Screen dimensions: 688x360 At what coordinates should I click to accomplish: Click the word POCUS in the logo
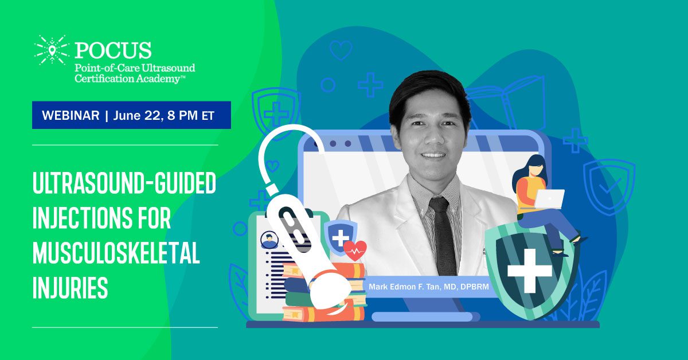pyautogui.click(x=113, y=50)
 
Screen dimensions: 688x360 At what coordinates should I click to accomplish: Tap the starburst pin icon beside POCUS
pyautogui.click(x=52, y=50)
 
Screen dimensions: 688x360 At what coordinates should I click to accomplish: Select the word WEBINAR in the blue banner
pyautogui.click(x=71, y=115)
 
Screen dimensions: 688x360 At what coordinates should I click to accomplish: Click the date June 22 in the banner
pyautogui.click(x=136, y=116)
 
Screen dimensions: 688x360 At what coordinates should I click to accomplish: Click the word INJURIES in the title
pyautogui.click(x=70, y=288)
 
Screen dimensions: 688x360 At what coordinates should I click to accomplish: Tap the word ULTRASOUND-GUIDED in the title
pyautogui.click(x=124, y=183)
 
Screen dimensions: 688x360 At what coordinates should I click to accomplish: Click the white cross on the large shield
pyautogui.click(x=529, y=271)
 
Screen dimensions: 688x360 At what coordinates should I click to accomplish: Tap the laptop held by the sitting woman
pyautogui.click(x=549, y=199)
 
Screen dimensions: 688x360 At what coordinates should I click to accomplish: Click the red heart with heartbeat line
pyautogui.click(x=355, y=251)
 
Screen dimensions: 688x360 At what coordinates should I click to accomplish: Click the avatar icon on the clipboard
pyautogui.click(x=269, y=240)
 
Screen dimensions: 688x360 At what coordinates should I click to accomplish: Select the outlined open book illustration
pyautogui.click(x=507, y=101)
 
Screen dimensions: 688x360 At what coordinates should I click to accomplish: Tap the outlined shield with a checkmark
pyautogui.click(x=609, y=187)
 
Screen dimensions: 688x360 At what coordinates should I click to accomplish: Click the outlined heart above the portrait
pyautogui.click(x=341, y=50)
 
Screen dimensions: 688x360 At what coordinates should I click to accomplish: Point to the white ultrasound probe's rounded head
pyautogui.click(x=330, y=289)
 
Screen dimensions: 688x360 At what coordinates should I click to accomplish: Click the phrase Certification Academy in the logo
pyautogui.click(x=127, y=79)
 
